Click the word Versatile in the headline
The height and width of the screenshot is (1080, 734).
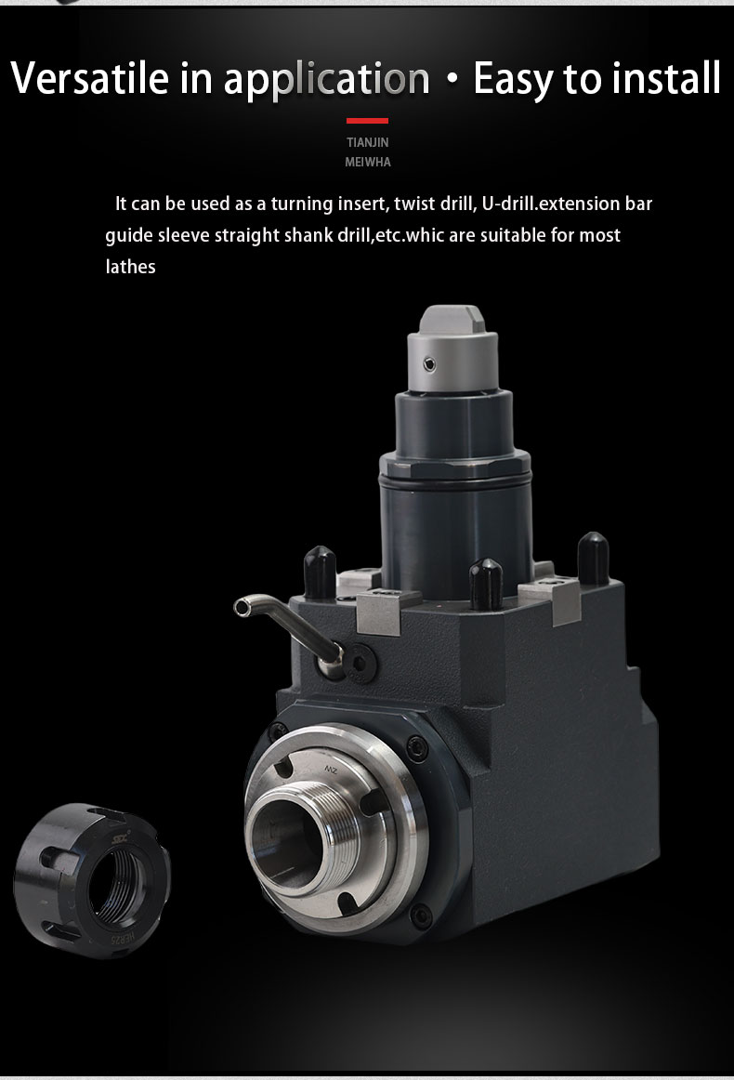(x=89, y=77)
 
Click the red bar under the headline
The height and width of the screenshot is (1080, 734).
(x=367, y=121)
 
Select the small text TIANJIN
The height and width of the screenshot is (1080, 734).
(x=368, y=142)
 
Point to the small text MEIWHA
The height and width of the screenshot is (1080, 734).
(x=368, y=162)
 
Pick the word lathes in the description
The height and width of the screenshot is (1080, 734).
(x=130, y=267)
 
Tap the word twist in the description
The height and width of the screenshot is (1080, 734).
(x=413, y=204)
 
